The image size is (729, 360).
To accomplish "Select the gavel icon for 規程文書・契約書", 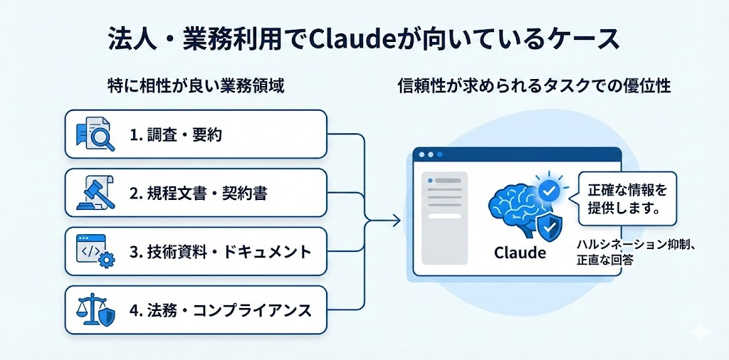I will tap(95, 193).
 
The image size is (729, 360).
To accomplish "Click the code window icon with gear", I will tap(95, 251).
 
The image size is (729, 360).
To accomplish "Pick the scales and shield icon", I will tap(95, 310).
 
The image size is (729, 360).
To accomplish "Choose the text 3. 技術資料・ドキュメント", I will tap(221, 251).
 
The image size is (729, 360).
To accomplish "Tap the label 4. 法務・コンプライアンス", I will tap(221, 310).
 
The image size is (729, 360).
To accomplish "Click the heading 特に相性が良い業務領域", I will tap(195, 87).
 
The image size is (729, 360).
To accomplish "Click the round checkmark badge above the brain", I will tap(547, 191).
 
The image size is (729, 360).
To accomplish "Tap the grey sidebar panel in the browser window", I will tap(445, 218).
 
